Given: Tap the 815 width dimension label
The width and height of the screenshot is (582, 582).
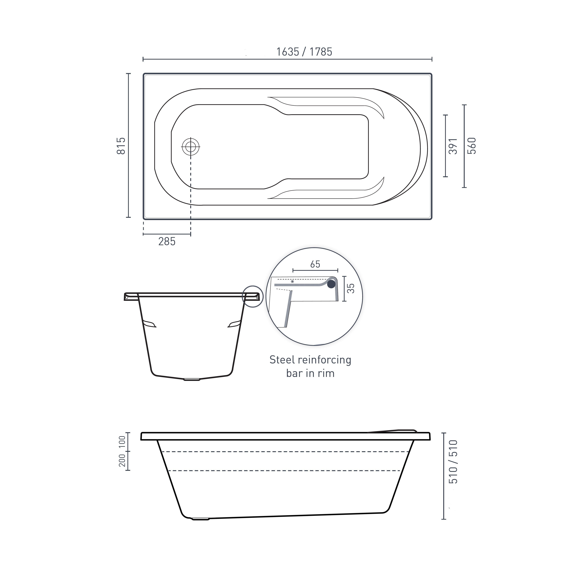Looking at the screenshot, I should [x=121, y=146].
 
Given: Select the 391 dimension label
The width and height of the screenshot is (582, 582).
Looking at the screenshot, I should [x=453, y=146].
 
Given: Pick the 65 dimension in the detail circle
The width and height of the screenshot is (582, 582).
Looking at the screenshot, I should [x=315, y=264].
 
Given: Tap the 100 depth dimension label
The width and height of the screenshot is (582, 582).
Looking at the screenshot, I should [x=122, y=442].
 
